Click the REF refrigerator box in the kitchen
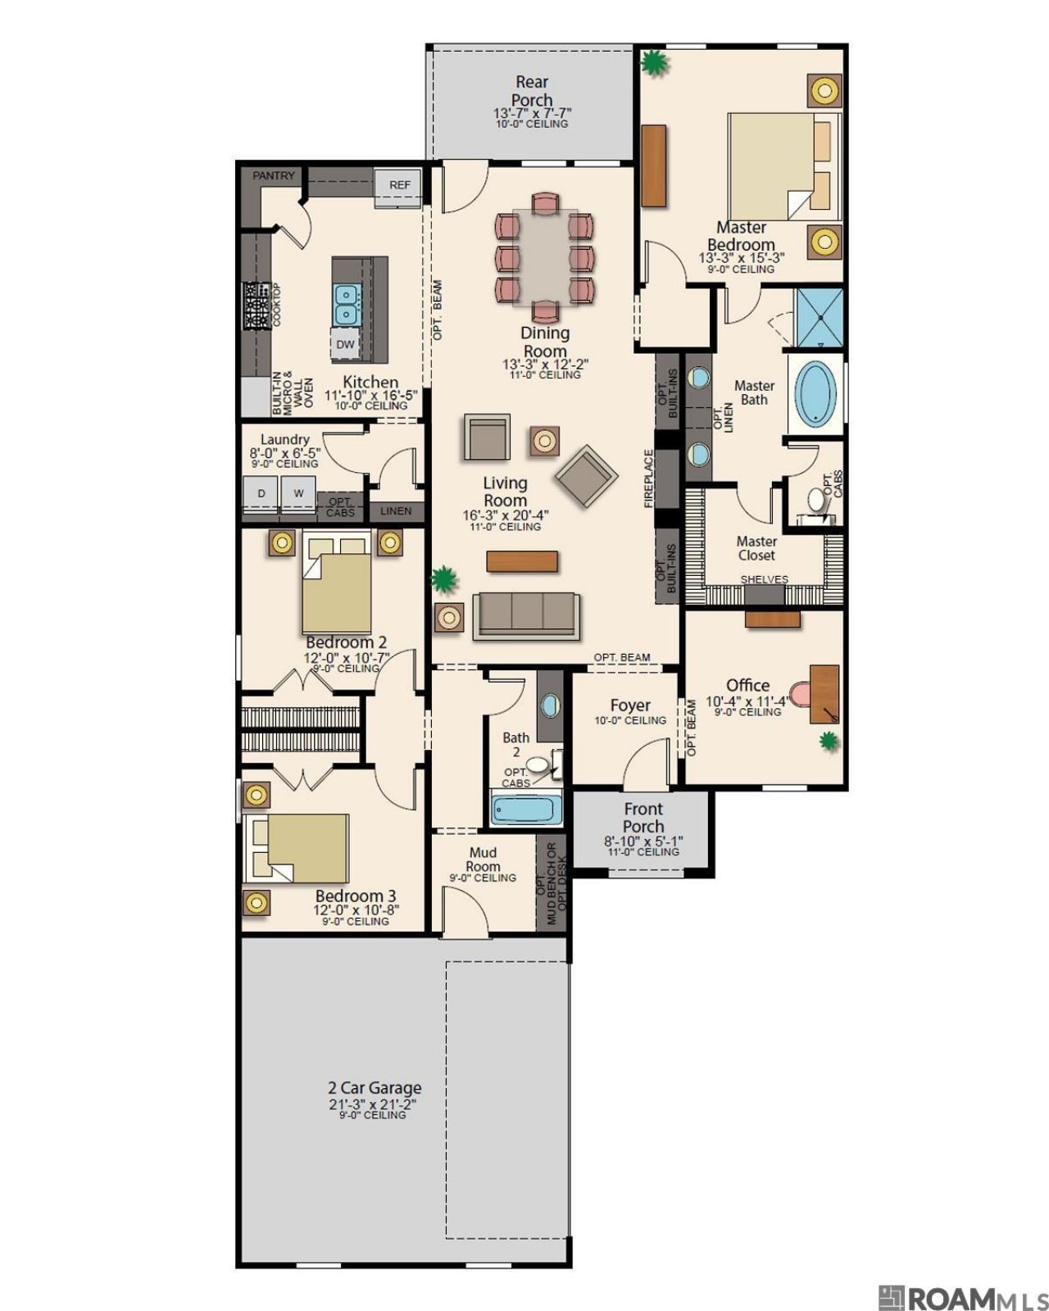(397, 184)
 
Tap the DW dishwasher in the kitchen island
(345, 344)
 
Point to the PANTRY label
(273, 175)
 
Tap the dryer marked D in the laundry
(261, 493)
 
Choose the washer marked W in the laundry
(298, 493)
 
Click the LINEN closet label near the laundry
(396, 510)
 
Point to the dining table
(544, 256)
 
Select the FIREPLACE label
(648, 479)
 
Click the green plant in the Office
(828, 741)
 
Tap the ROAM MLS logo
(955, 1295)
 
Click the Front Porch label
(643, 818)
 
